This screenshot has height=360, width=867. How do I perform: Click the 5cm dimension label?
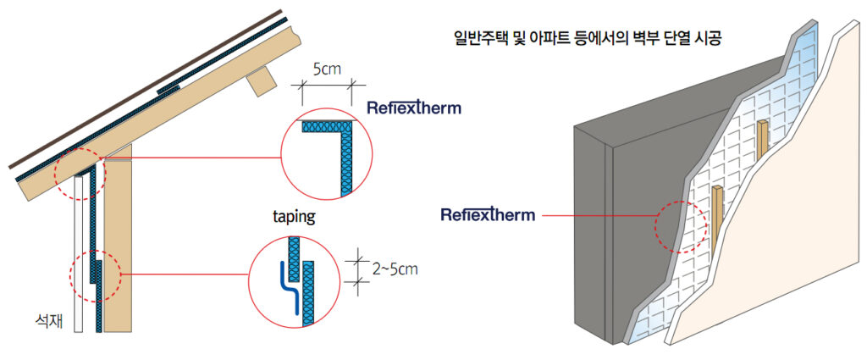327,70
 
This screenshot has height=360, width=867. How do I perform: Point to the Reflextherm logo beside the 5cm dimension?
413,108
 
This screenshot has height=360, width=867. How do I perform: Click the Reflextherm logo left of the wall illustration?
488,214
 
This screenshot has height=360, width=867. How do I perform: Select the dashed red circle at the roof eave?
80,174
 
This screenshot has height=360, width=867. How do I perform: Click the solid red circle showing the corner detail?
327,153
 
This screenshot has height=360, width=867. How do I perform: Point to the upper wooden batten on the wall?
763,140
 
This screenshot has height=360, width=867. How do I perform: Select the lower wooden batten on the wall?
717,219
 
